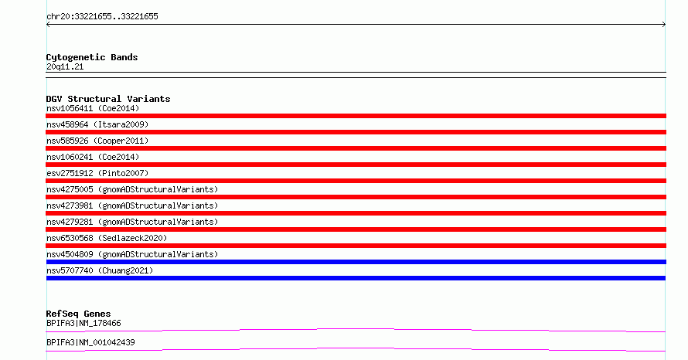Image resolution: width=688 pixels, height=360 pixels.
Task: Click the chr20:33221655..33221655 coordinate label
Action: [x=102, y=17]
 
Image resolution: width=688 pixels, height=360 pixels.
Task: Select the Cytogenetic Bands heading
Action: [x=92, y=57]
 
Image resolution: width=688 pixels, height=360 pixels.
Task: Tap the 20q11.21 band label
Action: [x=65, y=67]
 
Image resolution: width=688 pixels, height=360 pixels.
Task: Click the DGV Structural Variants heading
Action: [x=108, y=99]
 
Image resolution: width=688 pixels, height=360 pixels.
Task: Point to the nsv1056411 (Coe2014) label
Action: [x=93, y=108]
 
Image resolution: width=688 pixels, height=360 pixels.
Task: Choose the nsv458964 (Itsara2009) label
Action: [x=97, y=124]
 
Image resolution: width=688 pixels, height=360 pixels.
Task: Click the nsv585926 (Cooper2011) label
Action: [x=97, y=141]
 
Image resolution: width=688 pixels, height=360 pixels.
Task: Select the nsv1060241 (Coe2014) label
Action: [x=93, y=157]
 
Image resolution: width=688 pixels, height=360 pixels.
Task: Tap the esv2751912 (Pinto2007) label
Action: [x=97, y=173]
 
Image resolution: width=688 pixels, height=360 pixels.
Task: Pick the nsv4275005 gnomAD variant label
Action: [x=132, y=189]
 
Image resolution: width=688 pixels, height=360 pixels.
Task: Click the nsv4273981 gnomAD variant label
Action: [x=132, y=205]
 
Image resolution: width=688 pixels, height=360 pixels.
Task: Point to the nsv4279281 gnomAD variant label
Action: [x=132, y=222]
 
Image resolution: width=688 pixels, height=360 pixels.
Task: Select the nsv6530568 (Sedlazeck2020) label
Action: [x=107, y=238]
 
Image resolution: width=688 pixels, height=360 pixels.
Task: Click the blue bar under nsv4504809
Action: [x=356, y=262]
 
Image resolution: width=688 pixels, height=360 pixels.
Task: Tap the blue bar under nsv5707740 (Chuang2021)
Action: [x=356, y=278]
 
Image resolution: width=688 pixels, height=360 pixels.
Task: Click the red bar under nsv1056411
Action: [x=356, y=116]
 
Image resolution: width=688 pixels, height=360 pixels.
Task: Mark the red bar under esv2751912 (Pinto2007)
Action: [x=356, y=181]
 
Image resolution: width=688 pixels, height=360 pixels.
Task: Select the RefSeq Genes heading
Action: [x=79, y=314]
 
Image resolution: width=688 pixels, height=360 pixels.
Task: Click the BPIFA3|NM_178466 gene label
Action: [x=83, y=324]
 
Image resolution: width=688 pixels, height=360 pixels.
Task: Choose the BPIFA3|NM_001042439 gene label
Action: [x=90, y=343]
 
